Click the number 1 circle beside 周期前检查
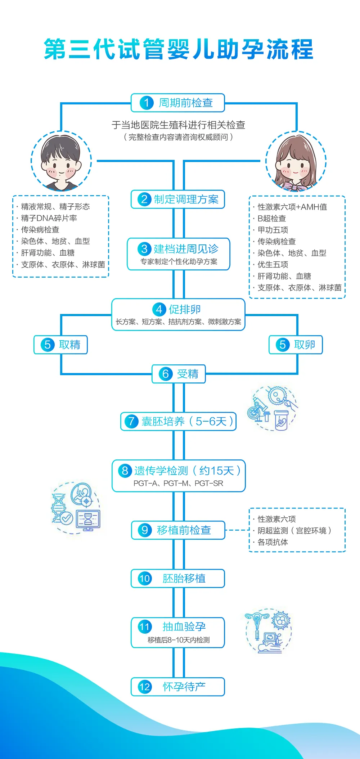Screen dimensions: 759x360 pyautogui.click(x=147, y=103)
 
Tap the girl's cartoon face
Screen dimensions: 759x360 pyautogui.click(x=296, y=162)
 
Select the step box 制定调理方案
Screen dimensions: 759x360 pyautogui.click(x=178, y=199)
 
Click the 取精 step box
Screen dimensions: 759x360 pyautogui.click(x=61, y=345)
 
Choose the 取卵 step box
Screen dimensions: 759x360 pyautogui.click(x=296, y=345)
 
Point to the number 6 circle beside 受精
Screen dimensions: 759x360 pyautogui.click(x=166, y=374)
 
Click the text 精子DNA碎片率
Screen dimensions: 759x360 pyautogui.click(x=49, y=218)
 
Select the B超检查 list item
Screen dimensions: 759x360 pyautogui.click(x=272, y=219)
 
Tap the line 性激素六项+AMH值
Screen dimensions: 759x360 pyautogui.click(x=292, y=207)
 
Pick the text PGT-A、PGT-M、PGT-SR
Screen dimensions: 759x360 pyautogui.click(x=178, y=483)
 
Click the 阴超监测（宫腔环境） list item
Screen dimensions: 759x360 pyautogui.click(x=294, y=531)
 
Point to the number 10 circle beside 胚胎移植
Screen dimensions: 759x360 pyautogui.click(x=145, y=579)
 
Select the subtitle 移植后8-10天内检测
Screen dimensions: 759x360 pyautogui.click(x=179, y=640)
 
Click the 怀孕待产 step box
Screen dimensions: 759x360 pyautogui.click(x=178, y=687)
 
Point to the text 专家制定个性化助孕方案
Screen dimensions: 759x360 pyautogui.click(x=179, y=262)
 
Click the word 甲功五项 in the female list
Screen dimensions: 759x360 pyautogui.click(x=273, y=230)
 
